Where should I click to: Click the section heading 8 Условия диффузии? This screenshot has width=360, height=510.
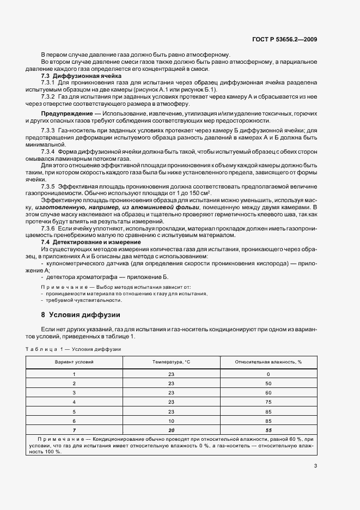click(x=81, y=314)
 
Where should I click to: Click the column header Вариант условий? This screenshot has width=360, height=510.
click(x=74, y=362)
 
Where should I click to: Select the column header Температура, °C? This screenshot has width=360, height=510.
click(x=172, y=362)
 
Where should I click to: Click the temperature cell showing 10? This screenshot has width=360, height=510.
click(x=171, y=421)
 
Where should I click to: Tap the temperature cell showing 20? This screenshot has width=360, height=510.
click(x=171, y=430)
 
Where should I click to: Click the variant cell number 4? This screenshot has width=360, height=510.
click(x=74, y=402)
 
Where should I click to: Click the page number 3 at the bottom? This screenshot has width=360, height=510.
click(x=316, y=466)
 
